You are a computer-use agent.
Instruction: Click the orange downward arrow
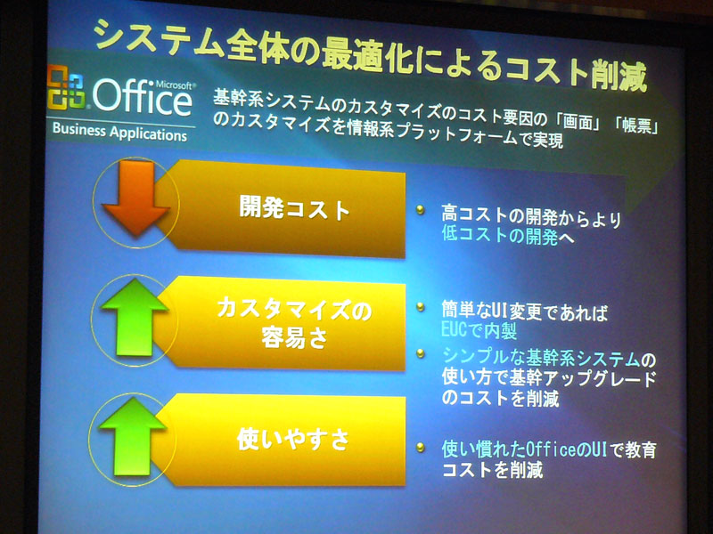pos(136,198)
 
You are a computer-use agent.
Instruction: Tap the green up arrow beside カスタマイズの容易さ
pos(135,317)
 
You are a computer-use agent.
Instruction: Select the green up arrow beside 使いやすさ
pos(132,436)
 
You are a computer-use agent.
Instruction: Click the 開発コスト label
pos(295,209)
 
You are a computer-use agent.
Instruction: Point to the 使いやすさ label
pos(293,439)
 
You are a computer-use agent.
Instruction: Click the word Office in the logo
pos(143,97)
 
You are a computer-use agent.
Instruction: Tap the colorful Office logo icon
pos(66,87)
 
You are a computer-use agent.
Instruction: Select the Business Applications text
pos(119,132)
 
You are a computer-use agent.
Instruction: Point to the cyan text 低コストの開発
pos(500,236)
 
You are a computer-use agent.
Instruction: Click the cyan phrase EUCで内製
pos(479,330)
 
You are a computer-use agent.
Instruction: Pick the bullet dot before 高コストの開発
pos(420,210)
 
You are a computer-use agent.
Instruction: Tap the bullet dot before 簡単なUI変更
pos(421,307)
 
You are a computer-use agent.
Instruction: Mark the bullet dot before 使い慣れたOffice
pos(421,448)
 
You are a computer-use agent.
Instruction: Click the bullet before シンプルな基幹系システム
pos(421,352)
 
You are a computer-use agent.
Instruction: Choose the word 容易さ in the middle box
pos(295,337)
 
